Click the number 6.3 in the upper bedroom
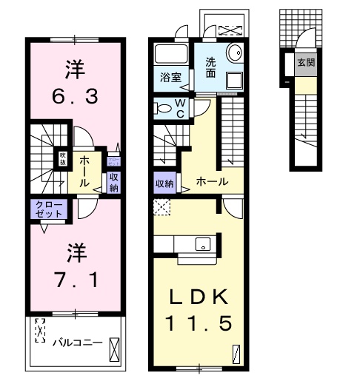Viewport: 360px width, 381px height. click(x=74, y=95)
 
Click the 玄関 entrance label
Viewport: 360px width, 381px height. click(x=305, y=63)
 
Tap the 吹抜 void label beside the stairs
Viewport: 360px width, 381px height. click(x=64, y=158)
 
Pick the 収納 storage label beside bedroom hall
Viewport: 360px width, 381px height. click(x=113, y=181)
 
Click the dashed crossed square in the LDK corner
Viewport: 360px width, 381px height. click(x=160, y=206)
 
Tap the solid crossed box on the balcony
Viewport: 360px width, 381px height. click(x=113, y=347)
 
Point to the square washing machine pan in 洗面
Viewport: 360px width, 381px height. click(x=233, y=80)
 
